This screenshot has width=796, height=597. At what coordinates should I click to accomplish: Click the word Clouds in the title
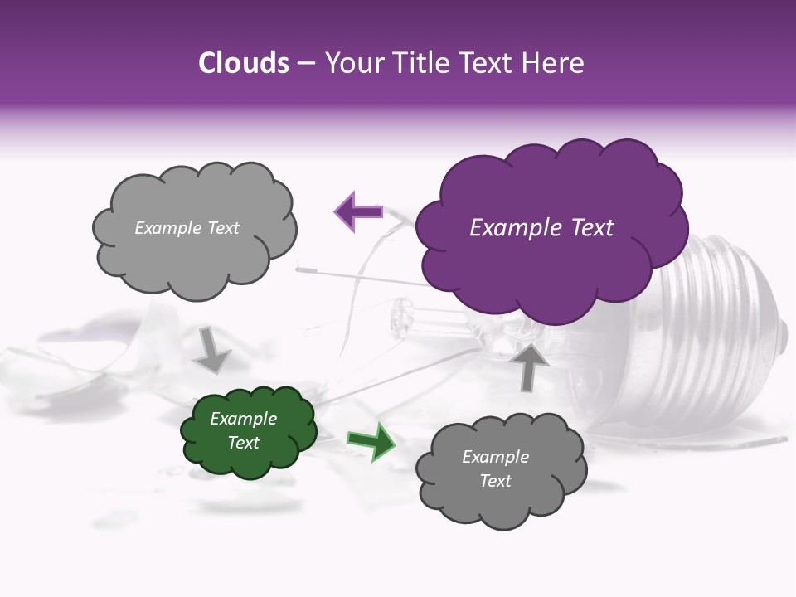pos(244,63)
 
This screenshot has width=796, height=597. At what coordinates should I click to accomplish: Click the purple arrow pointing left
pos(358,211)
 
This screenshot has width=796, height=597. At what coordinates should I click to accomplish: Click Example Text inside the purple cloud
pos(541,228)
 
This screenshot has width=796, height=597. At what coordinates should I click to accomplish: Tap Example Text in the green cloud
pos(244,430)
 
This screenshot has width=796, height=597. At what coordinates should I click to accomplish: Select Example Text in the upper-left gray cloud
pos(187,228)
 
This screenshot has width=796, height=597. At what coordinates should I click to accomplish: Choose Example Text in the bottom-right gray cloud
pos(495,468)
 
